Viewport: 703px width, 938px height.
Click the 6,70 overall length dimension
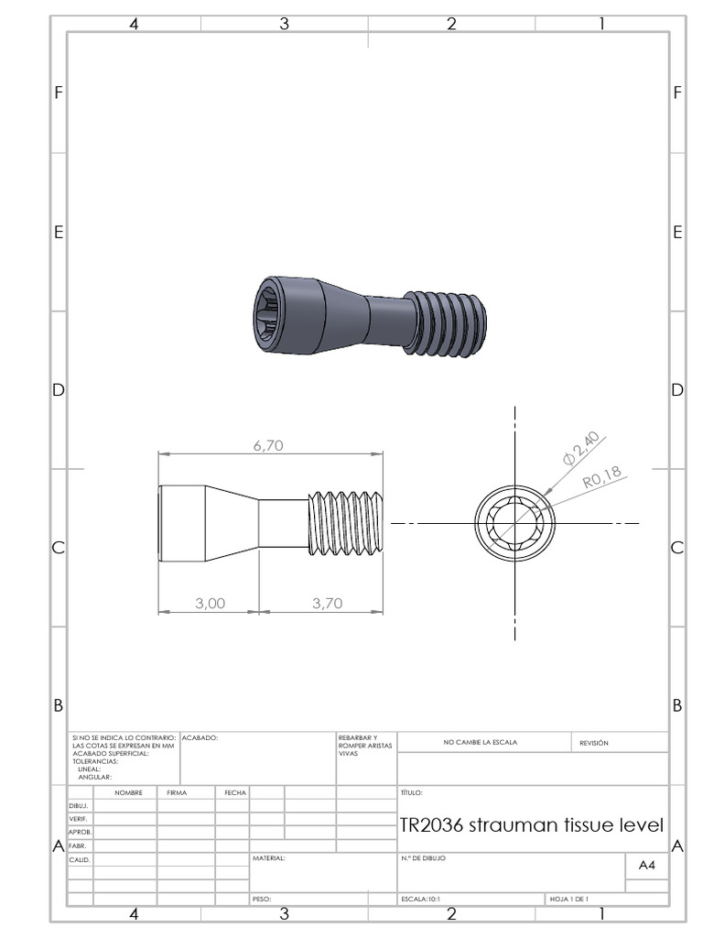(268, 445)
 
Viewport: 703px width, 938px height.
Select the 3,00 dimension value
(211, 603)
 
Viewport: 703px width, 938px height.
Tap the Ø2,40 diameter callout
(582, 446)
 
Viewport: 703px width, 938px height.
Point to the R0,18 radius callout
(601, 474)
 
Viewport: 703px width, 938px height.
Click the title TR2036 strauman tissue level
(531, 824)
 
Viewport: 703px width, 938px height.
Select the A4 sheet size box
(646, 866)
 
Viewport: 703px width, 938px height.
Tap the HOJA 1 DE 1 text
(568, 900)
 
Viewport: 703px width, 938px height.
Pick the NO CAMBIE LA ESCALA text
(480, 743)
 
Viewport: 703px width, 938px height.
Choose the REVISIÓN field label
(593, 743)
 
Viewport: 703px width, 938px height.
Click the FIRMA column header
(177, 792)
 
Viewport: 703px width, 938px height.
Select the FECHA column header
(234, 792)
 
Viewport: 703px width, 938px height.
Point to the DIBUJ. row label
(78, 806)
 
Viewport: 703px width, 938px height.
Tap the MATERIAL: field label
(268, 859)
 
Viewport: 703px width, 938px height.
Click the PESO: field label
(262, 900)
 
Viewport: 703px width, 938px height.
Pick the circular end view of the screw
(514, 524)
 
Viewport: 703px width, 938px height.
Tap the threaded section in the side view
(346, 523)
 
